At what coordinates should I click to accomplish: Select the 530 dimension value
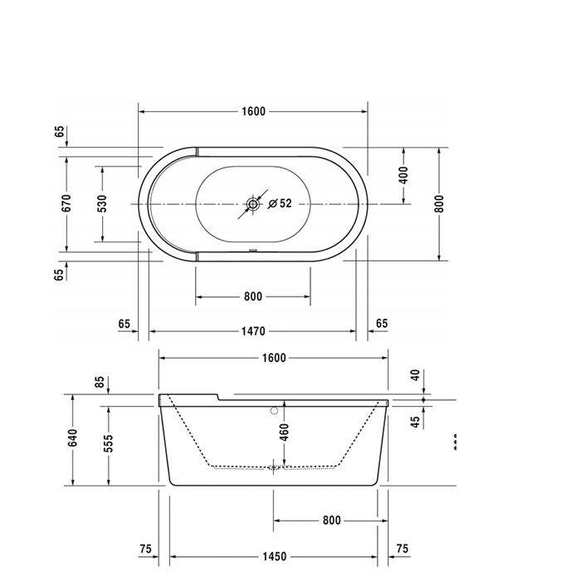coord(101,203)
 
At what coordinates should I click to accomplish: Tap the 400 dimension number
coord(404,175)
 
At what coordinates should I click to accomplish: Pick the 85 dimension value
coord(100,383)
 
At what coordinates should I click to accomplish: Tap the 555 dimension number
coord(108,444)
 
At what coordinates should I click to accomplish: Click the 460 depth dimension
coord(284,432)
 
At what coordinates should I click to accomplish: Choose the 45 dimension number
coord(416,422)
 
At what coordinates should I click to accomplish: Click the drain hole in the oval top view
coord(253,203)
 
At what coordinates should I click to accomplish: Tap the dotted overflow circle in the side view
coord(273,410)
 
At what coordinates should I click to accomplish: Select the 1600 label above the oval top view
coord(253,111)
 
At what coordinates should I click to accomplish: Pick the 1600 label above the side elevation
coord(273,358)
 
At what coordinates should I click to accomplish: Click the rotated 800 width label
coord(439,203)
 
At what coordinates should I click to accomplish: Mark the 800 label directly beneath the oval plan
coord(253,296)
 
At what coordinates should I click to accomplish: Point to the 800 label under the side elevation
coord(331,520)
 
